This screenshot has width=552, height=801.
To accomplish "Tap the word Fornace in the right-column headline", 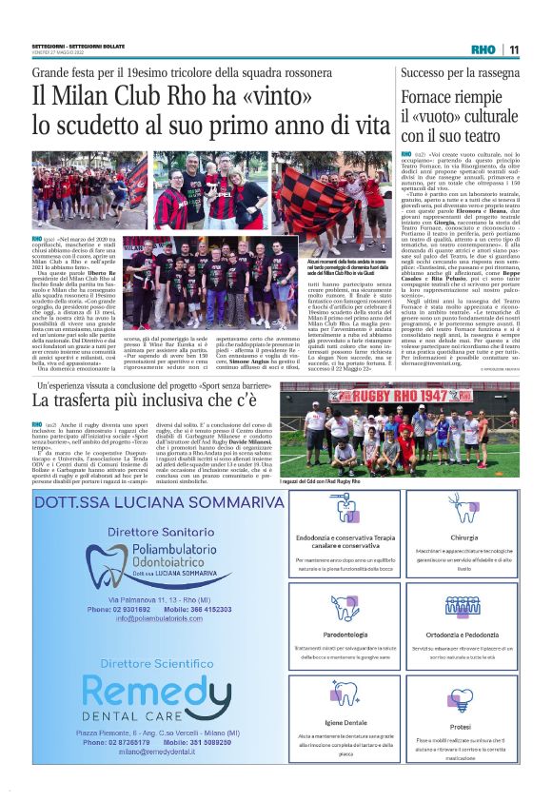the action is pos(434,98).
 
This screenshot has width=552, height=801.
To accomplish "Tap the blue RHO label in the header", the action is pos(485,50).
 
